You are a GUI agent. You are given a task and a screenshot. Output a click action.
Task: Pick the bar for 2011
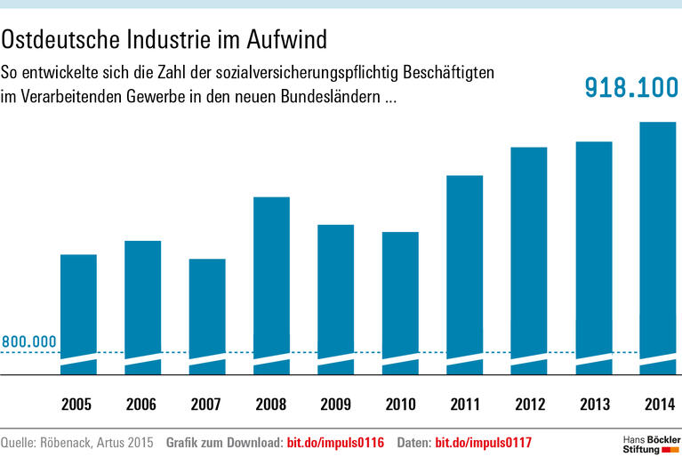(x=464, y=267)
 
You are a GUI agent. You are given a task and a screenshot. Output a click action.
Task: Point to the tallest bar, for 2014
(x=658, y=240)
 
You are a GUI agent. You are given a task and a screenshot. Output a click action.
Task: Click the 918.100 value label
(x=630, y=87)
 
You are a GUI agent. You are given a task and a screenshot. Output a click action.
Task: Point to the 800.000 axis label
(x=29, y=341)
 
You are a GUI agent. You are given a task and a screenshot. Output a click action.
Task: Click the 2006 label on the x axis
(x=142, y=405)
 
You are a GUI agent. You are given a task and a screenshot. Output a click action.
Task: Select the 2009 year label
(x=336, y=405)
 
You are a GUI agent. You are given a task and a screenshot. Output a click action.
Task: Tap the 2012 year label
(x=529, y=405)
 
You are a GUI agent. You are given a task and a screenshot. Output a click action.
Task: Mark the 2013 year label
(x=594, y=405)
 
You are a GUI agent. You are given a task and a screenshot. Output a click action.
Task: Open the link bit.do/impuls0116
(x=335, y=442)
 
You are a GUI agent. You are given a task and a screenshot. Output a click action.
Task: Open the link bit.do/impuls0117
(x=484, y=442)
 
